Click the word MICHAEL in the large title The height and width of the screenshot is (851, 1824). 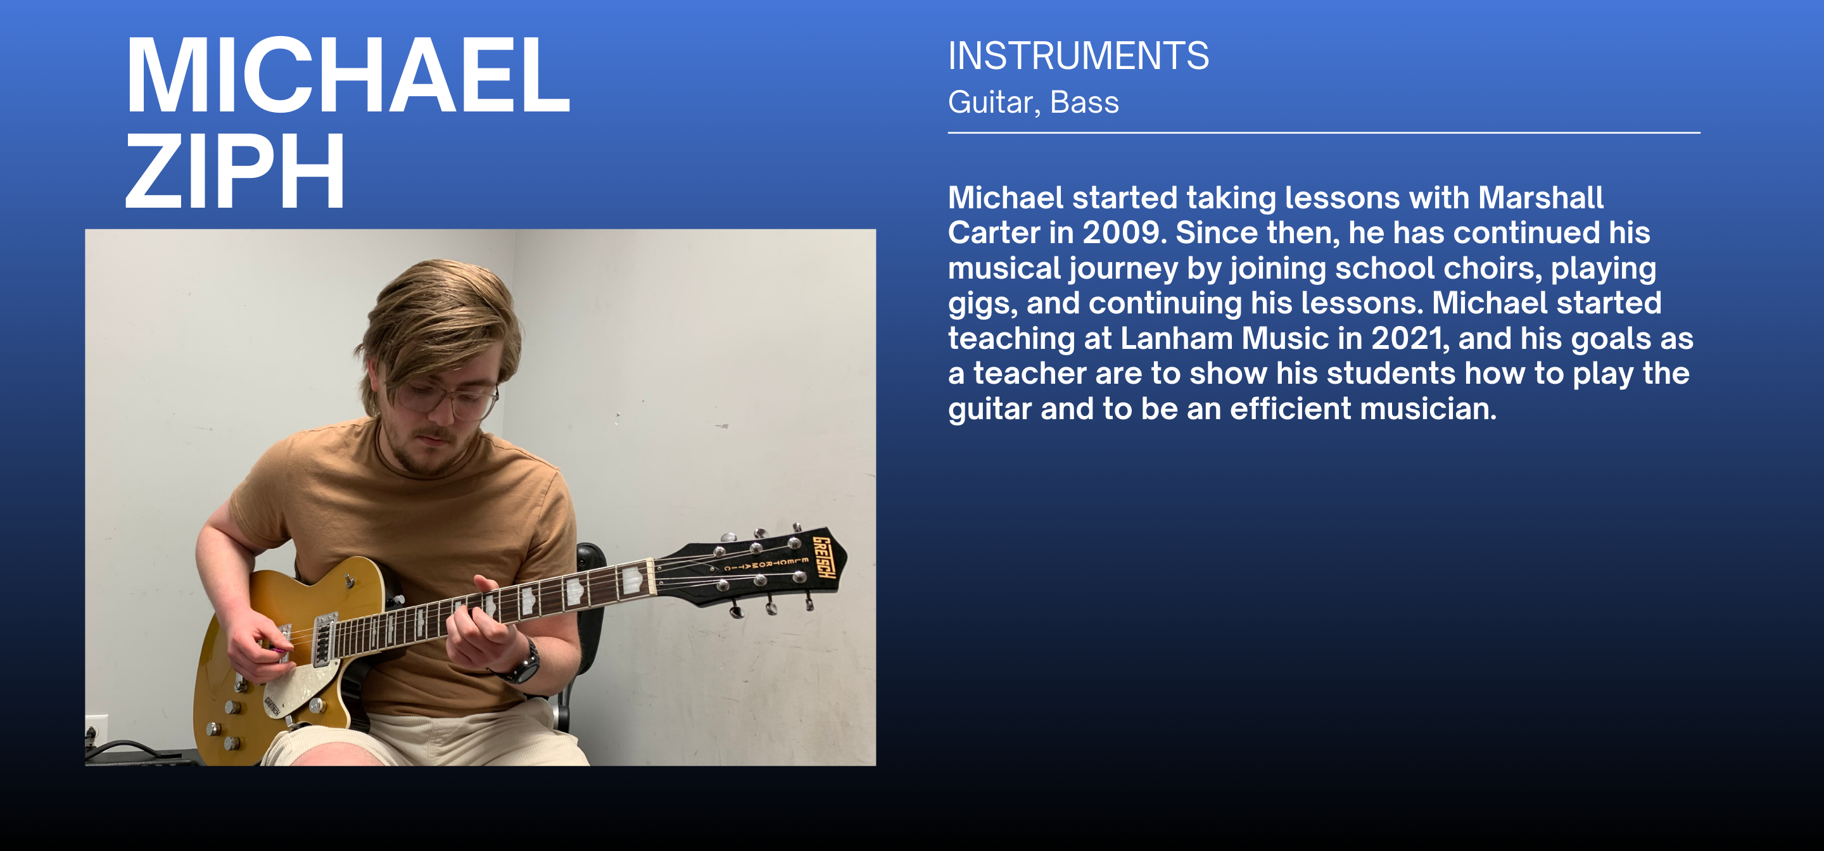pos(348,76)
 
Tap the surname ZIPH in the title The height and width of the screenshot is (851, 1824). pos(235,172)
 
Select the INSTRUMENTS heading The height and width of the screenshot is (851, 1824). pos(1079,56)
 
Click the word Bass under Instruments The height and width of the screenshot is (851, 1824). pos(1084,103)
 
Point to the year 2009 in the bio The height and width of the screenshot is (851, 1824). pos(1124,233)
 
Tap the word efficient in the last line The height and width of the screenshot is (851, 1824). pos(1291,409)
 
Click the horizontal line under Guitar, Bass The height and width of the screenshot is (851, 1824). pos(1324,132)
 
